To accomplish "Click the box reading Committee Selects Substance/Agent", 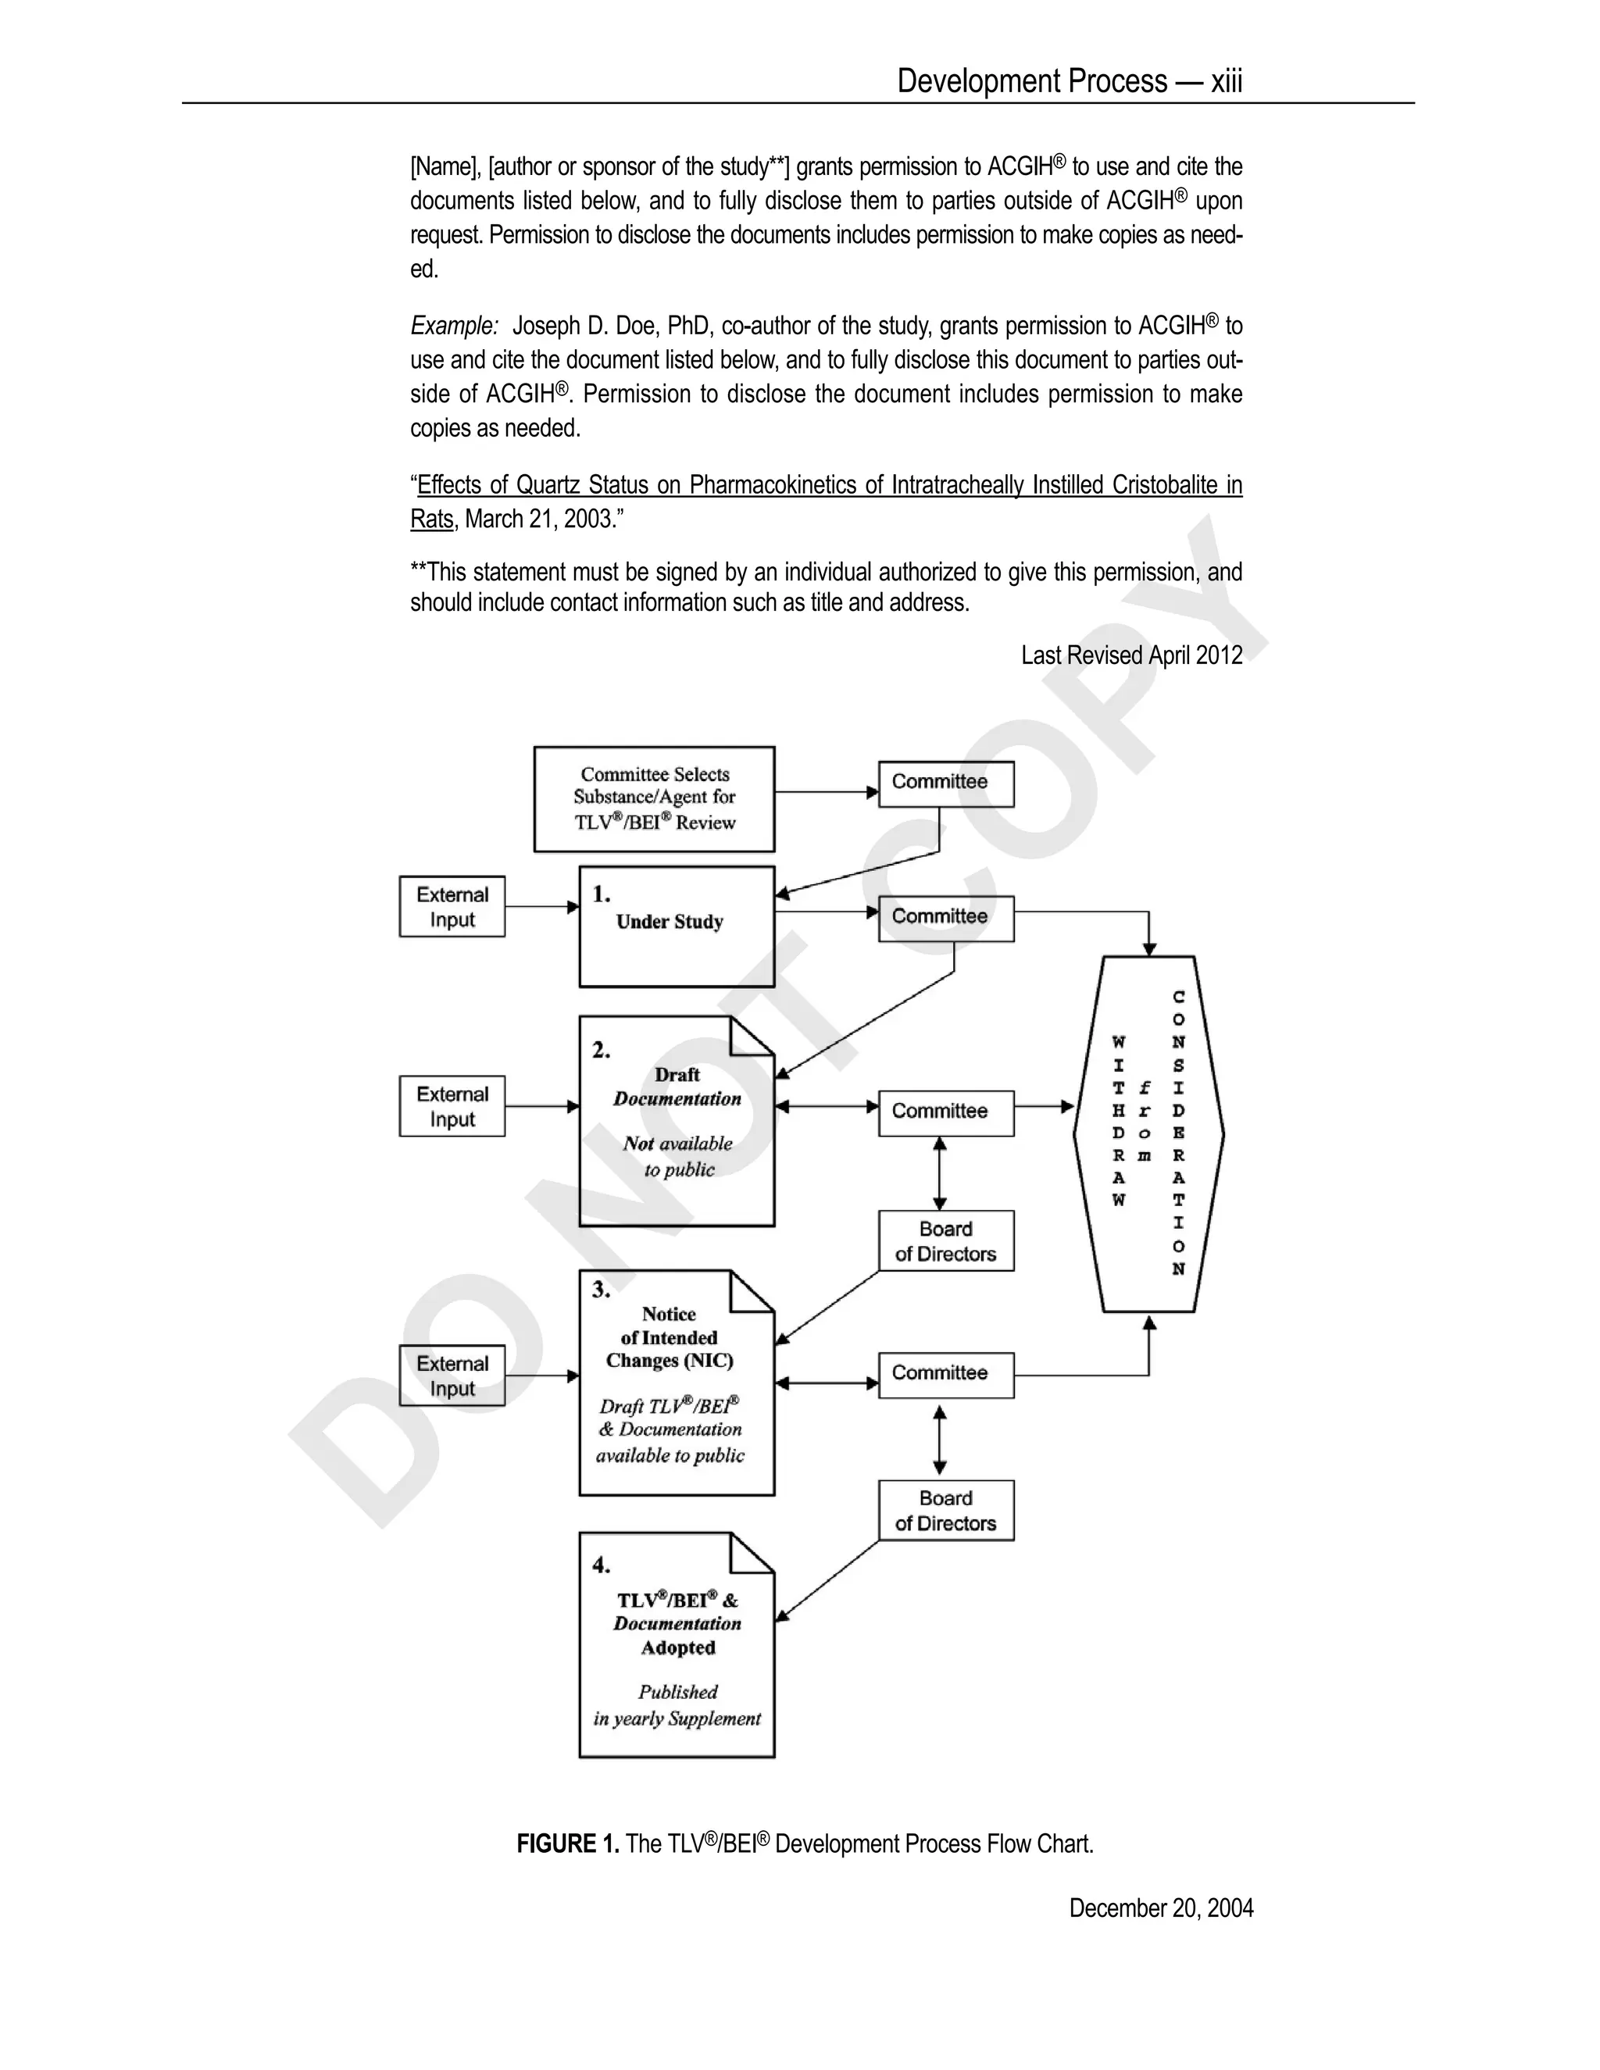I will click(654, 798).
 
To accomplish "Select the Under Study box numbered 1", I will click(677, 926).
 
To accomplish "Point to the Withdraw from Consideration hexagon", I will click(1148, 1133).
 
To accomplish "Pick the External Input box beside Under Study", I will click(452, 907).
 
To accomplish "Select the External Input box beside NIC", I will click(452, 1376).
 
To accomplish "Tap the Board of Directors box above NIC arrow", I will click(946, 1240).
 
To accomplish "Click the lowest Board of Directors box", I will click(946, 1511).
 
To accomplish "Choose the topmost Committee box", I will click(946, 783).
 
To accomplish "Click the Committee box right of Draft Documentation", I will click(946, 1112).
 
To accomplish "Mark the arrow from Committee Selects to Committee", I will click(826, 791).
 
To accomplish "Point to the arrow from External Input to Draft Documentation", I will click(541, 1106).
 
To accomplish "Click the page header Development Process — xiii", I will click(1070, 81).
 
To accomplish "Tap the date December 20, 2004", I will click(1161, 1908).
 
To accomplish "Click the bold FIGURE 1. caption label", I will click(568, 1843).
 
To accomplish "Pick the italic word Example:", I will click(454, 326).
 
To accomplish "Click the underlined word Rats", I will click(431, 519).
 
